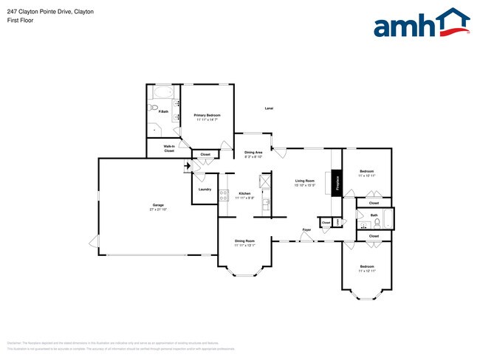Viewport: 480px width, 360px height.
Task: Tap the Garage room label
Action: tap(158, 204)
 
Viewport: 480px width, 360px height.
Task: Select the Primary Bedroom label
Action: tap(208, 116)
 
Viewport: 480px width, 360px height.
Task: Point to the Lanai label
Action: tap(270, 108)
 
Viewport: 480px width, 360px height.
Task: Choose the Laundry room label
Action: tap(205, 190)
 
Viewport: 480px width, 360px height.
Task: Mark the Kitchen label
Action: tap(244, 193)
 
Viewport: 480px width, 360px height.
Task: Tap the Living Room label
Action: tap(305, 181)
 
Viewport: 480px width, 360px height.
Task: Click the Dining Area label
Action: tap(253, 153)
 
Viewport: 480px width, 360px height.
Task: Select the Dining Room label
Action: tap(244, 241)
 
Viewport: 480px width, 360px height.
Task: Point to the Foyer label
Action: tap(306, 230)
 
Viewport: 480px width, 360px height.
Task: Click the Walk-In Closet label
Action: tap(169, 148)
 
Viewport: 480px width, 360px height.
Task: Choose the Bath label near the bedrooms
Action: tap(374, 215)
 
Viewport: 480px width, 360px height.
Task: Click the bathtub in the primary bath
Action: tap(162, 93)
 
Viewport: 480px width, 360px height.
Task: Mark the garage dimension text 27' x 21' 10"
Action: tap(158, 210)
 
